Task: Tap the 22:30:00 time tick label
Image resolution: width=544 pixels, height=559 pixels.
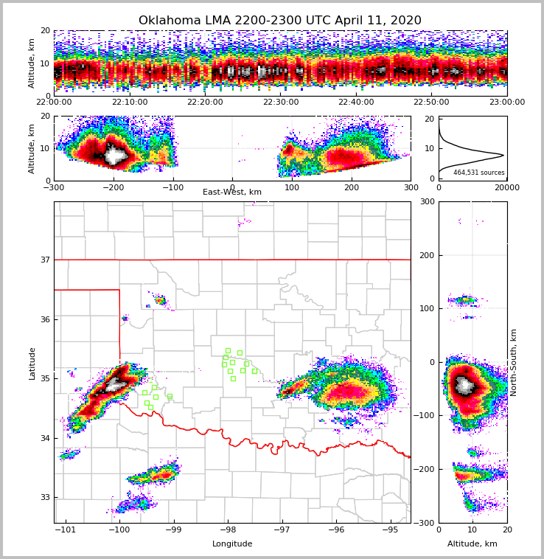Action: [280, 103]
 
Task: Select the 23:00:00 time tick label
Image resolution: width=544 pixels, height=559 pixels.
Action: [506, 103]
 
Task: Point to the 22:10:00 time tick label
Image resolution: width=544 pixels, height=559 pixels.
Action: [129, 103]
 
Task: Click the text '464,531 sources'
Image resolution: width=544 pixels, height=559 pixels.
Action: [478, 173]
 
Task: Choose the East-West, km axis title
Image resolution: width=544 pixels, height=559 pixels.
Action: [232, 192]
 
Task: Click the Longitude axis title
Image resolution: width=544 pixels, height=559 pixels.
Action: [232, 544]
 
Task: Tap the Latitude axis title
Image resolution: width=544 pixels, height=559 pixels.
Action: [32, 363]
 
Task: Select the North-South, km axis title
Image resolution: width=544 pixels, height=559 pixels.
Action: [514, 362]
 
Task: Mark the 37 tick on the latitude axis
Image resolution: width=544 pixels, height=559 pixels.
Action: [45, 260]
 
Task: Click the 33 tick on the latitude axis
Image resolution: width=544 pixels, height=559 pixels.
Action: [45, 498]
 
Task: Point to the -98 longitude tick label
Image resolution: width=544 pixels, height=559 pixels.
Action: [227, 530]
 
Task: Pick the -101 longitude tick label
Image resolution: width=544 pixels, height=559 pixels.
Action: [66, 530]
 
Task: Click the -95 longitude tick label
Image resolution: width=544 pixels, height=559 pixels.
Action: [390, 530]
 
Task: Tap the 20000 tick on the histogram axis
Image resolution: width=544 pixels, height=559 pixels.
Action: [506, 188]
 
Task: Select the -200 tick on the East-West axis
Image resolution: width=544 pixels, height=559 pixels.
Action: [114, 188]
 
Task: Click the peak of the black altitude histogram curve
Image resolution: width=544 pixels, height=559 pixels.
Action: [503, 155]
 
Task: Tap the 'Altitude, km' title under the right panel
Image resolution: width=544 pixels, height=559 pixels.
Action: [472, 544]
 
